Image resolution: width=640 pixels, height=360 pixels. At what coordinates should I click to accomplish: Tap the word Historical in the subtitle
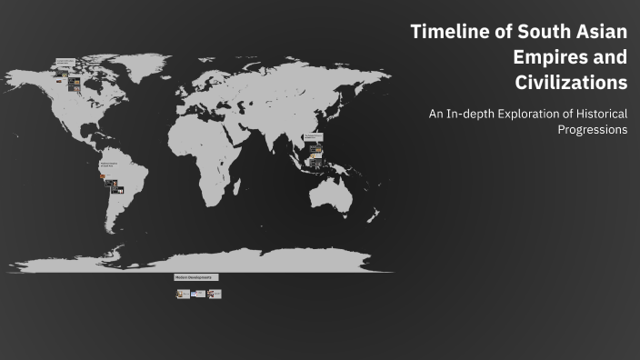coord(599,115)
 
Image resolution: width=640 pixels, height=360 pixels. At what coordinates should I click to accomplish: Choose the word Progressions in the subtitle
coord(593,130)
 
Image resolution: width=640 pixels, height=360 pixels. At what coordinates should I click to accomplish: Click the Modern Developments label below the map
coord(195,277)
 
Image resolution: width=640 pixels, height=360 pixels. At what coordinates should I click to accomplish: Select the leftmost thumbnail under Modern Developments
coord(184,294)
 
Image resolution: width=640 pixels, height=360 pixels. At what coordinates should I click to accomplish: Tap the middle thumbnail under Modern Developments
coord(198,294)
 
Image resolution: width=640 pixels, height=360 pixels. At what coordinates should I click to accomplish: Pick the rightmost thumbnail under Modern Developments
coord(214,294)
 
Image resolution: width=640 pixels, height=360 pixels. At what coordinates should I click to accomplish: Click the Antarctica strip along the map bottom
coord(200,264)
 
